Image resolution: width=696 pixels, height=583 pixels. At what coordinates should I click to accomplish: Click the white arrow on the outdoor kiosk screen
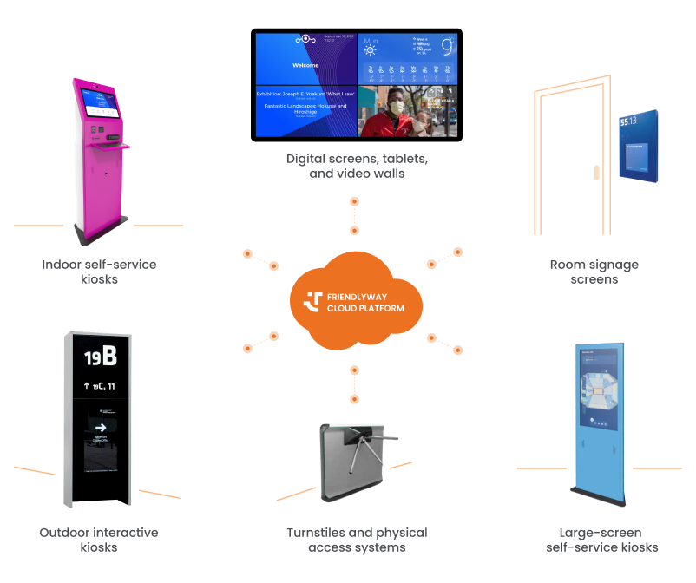(101, 427)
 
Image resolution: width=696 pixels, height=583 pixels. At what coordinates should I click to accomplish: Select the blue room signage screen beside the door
(638, 146)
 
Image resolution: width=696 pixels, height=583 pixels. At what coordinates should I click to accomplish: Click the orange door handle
(596, 172)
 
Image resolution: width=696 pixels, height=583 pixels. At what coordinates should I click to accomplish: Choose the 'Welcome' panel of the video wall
(305, 59)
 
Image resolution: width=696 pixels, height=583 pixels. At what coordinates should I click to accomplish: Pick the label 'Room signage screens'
(594, 272)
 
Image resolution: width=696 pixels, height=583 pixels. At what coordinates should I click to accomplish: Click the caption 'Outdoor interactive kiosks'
(99, 540)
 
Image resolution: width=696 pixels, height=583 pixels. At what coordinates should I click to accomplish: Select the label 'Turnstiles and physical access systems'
(356, 540)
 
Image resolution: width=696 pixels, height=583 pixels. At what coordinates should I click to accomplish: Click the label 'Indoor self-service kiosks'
(99, 272)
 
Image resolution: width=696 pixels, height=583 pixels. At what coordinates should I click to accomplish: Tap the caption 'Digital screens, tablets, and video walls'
(357, 167)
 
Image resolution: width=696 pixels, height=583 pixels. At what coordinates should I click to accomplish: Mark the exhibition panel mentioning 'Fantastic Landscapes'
(305, 110)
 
